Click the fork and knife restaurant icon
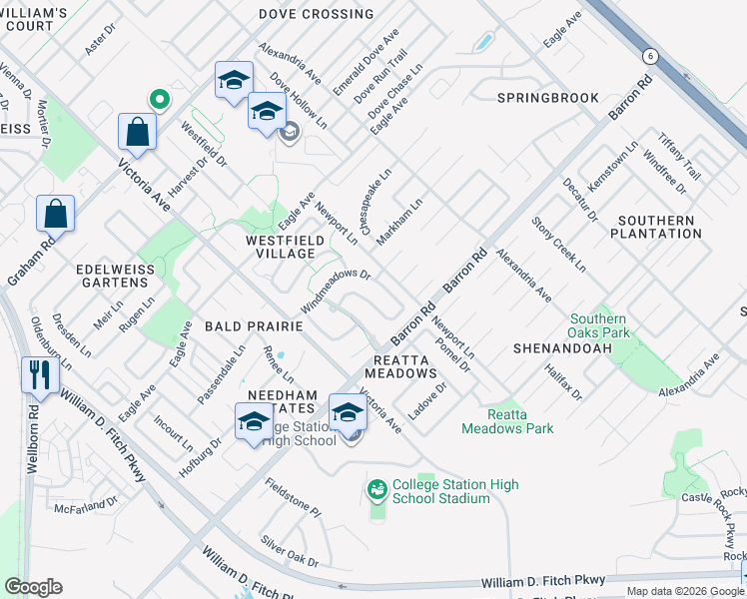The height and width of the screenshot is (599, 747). tap(39, 375)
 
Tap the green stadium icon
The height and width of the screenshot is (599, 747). tap(376, 489)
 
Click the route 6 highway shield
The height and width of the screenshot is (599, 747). tap(650, 56)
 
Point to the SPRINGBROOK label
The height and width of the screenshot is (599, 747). tap(547, 98)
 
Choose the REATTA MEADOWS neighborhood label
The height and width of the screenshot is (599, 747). tap(404, 366)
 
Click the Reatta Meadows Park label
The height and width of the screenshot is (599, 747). tap(507, 421)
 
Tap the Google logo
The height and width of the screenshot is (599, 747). tap(33, 587)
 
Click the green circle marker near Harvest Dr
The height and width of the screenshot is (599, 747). tap(158, 99)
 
